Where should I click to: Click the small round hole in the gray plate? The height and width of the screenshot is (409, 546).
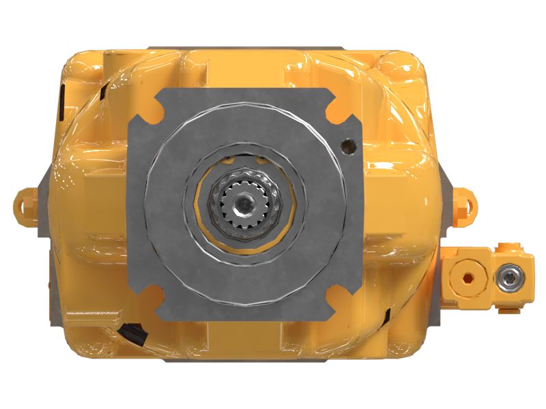348,145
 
